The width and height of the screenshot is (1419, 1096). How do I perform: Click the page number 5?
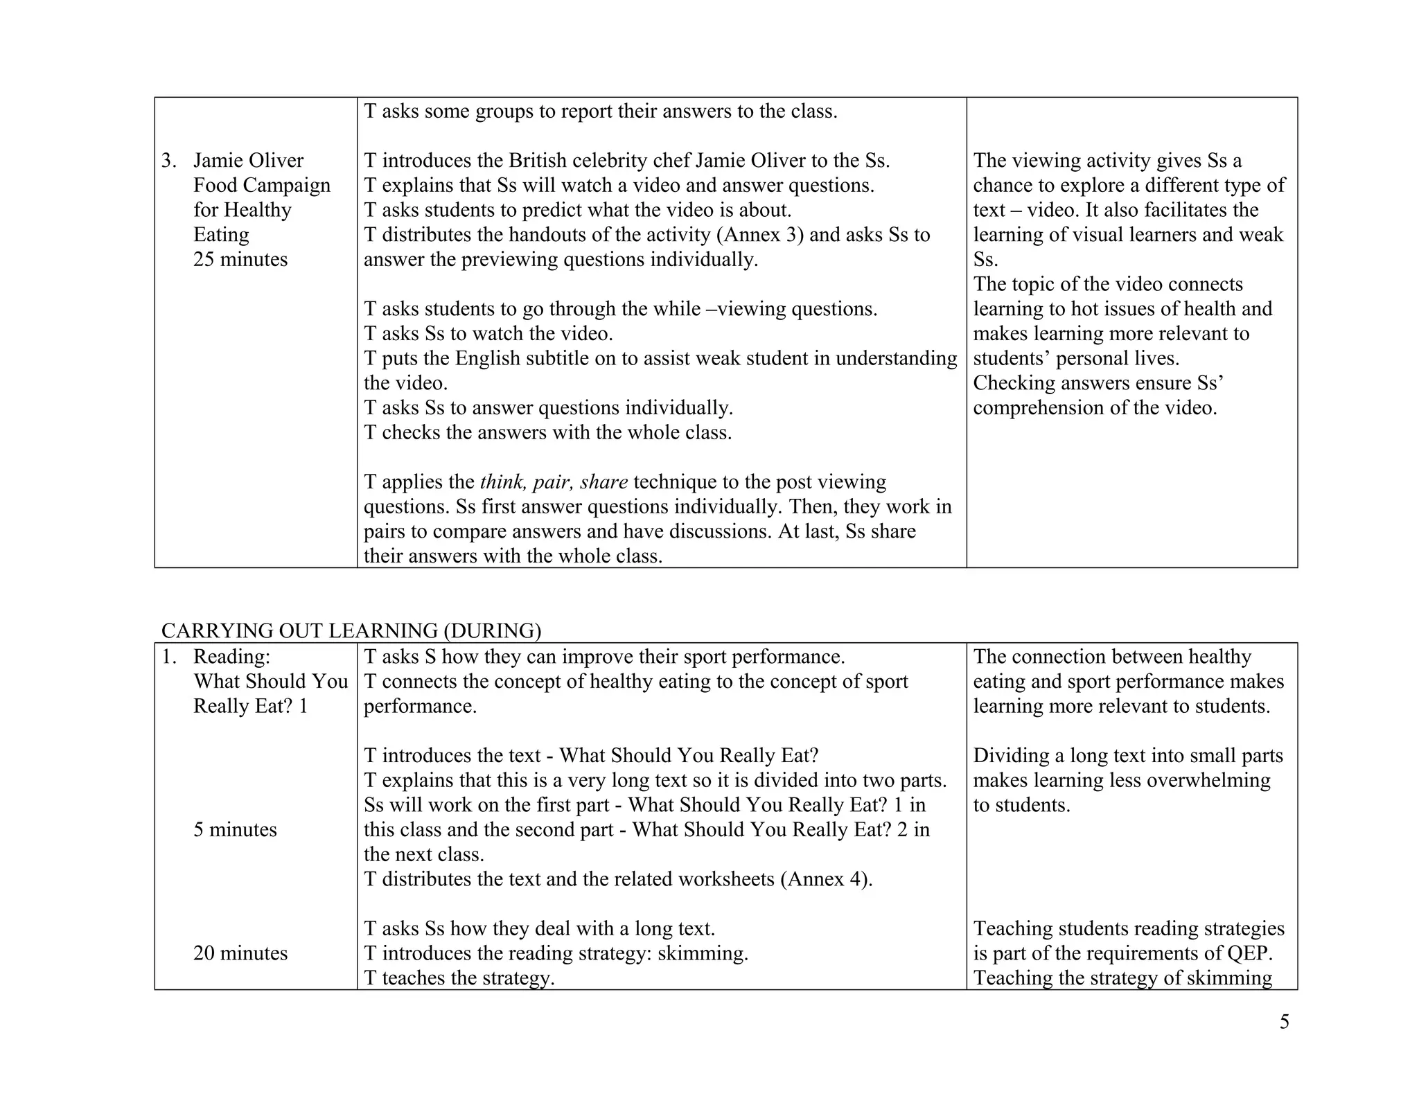pyautogui.click(x=1284, y=1023)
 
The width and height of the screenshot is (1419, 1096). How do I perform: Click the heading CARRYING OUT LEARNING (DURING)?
pyautogui.click(x=351, y=630)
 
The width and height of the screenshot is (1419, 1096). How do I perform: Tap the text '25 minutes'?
pyautogui.click(x=240, y=259)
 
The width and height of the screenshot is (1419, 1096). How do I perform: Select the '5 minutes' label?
pyautogui.click(x=235, y=829)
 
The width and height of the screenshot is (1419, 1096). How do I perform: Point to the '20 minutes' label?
pyautogui.click(x=240, y=953)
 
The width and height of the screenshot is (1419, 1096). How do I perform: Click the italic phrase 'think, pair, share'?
pyautogui.click(x=554, y=482)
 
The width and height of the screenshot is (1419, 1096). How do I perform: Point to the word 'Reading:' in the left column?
pyautogui.click(x=231, y=657)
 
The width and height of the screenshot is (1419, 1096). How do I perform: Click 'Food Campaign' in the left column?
pyautogui.click(x=262, y=186)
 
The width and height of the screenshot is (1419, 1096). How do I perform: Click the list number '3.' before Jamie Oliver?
pyautogui.click(x=169, y=161)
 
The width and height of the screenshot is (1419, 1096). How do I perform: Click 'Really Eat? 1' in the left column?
pyautogui.click(x=250, y=706)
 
